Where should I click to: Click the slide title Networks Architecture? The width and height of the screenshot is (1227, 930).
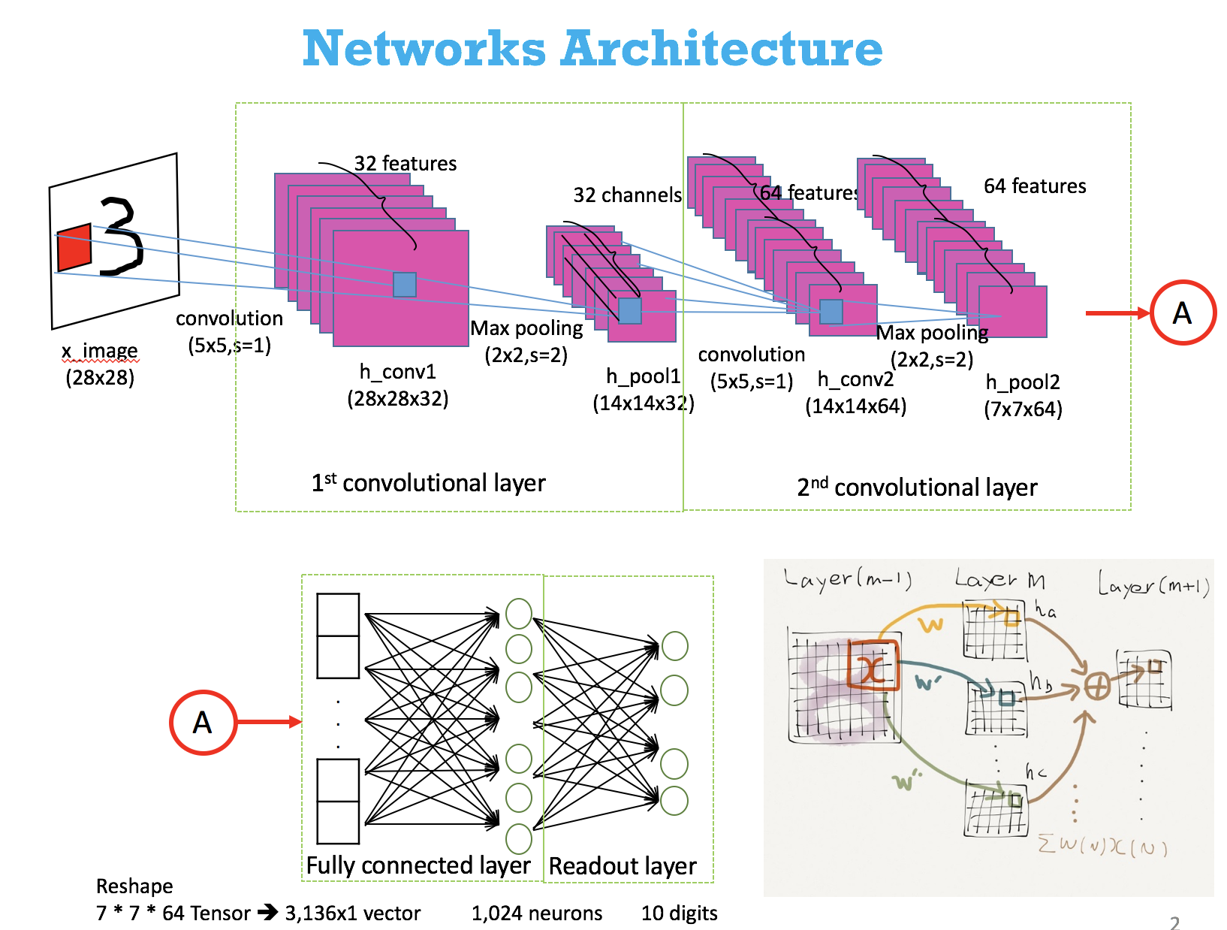click(592, 49)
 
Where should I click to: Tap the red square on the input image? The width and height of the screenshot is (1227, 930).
click(74, 247)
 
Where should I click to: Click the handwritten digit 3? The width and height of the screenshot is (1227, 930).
click(121, 236)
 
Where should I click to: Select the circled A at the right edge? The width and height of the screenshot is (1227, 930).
click(1183, 313)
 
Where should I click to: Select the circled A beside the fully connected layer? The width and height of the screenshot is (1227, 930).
click(203, 722)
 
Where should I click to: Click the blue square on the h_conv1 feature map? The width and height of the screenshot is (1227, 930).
click(405, 285)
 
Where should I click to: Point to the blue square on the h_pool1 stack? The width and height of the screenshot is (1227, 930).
click(629, 310)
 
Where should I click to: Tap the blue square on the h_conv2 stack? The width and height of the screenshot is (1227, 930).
click(831, 311)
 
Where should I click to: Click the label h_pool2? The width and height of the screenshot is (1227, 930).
click(1023, 382)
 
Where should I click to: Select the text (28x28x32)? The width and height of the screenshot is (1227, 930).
click(397, 398)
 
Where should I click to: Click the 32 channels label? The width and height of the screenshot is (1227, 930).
click(627, 195)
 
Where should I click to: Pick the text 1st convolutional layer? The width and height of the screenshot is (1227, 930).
click(428, 483)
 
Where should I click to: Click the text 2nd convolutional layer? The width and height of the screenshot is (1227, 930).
click(917, 488)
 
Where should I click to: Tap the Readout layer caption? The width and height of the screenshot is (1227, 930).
click(623, 866)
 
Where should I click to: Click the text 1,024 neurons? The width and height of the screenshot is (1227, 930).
click(536, 913)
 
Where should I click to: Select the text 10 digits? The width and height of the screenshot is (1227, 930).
click(679, 913)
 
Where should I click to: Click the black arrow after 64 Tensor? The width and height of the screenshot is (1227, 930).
click(267, 913)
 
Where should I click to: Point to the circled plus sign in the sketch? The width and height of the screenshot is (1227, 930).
click(1097, 686)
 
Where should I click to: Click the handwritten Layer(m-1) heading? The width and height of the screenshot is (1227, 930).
click(847, 578)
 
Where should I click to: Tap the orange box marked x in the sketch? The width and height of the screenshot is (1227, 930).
click(873, 665)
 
